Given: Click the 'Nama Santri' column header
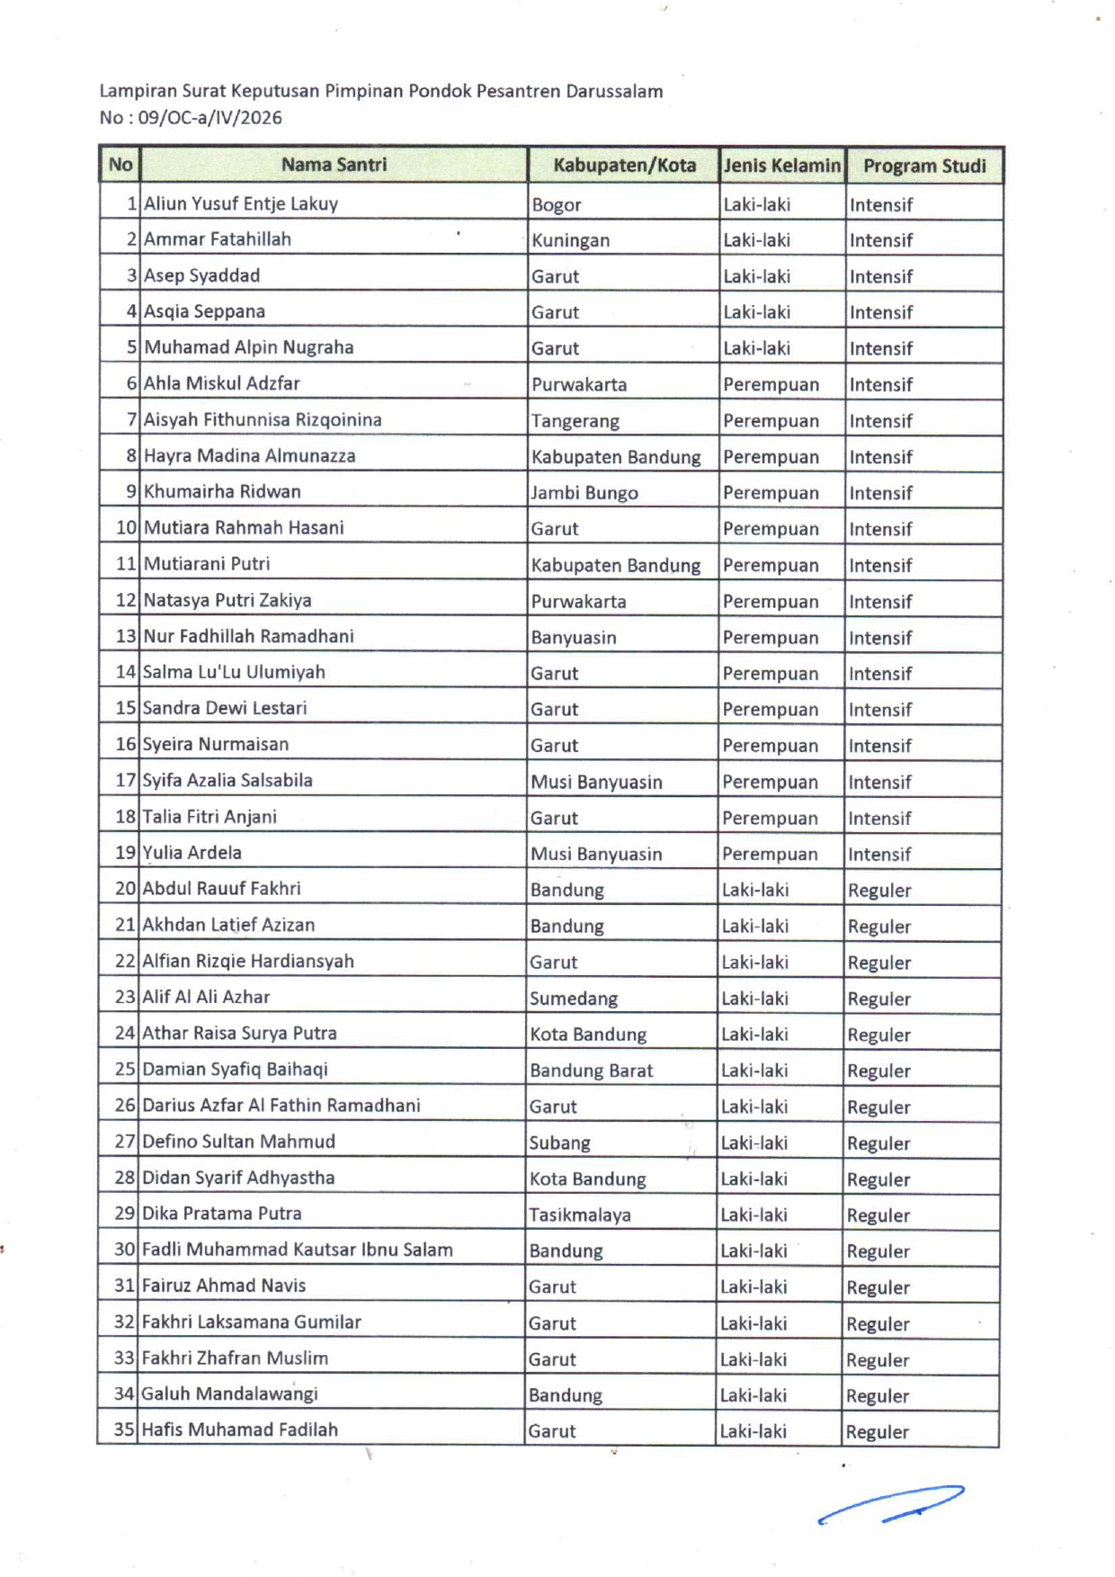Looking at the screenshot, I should coord(334,165).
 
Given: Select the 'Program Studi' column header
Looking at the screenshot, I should coord(923,166).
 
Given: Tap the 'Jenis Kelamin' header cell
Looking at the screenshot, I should coord(781,166).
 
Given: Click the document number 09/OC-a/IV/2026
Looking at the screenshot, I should coord(210,118).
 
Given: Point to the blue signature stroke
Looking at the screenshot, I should coord(890,1503).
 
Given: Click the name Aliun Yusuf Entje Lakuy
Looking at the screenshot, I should coord(241,204).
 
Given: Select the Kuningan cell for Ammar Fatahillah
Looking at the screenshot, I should coord(570,240).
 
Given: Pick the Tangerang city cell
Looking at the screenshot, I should coord(575,421).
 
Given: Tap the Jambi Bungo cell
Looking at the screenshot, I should coord(584,493).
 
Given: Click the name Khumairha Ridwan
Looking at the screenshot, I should coord(222,492).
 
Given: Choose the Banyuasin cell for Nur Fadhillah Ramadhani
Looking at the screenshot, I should coord(573,638).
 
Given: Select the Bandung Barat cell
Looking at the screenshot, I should coord(591,1071).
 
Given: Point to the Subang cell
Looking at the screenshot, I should coord(559,1143).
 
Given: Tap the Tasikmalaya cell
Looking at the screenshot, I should coord(579,1215).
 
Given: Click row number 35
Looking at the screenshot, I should coord(124,1429).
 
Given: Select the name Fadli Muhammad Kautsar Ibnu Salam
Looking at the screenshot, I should coord(297,1250).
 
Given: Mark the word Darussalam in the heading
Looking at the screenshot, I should coord(614,91).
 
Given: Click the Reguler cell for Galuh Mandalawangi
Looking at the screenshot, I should coord(878,1396).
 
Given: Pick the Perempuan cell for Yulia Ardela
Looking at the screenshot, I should coord(770,854).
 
